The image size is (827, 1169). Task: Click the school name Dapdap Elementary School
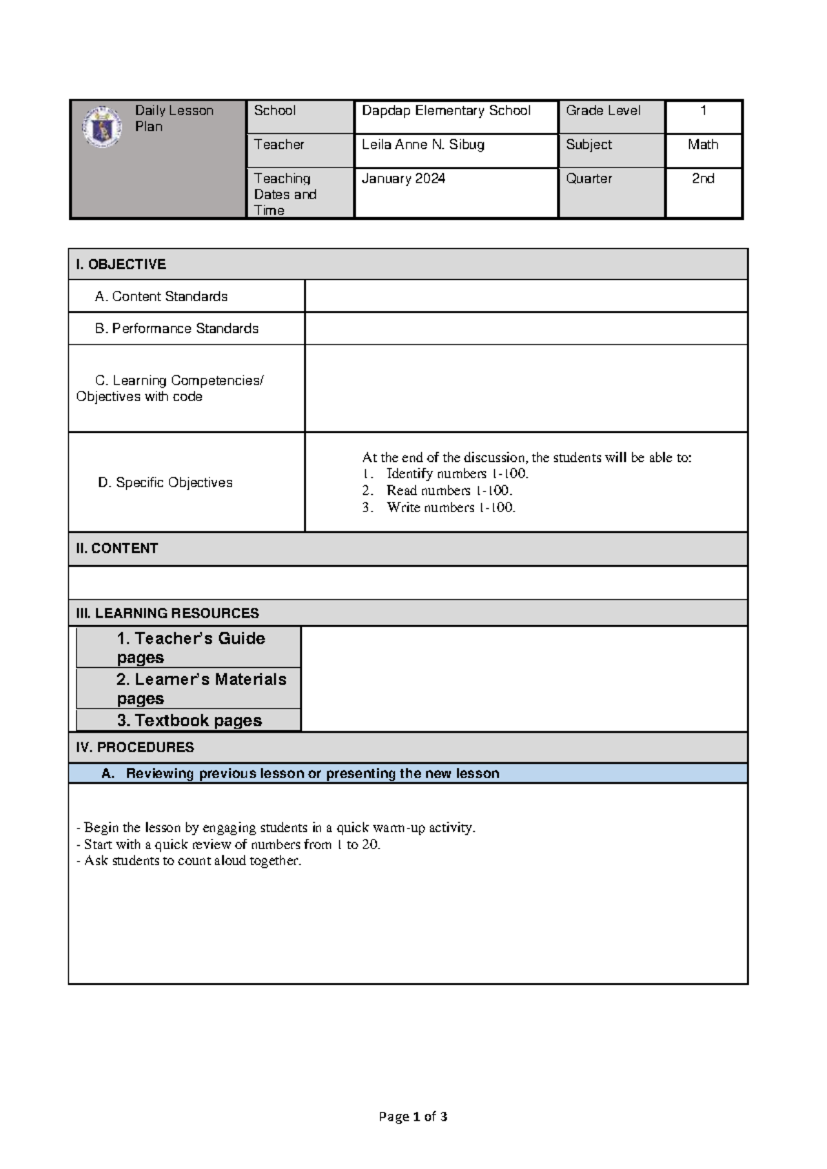click(x=446, y=110)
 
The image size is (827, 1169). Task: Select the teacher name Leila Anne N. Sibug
click(x=423, y=144)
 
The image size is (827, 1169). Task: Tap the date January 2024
click(x=403, y=179)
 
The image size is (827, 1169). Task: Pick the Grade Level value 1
click(x=703, y=110)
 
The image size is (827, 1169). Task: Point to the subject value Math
click(x=703, y=144)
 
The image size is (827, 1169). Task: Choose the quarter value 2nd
click(x=703, y=179)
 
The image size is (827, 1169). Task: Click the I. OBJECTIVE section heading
click(x=121, y=264)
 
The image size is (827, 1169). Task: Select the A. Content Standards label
click(x=161, y=296)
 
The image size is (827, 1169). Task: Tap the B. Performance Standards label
click(x=176, y=329)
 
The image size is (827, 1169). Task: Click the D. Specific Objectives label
click(x=165, y=482)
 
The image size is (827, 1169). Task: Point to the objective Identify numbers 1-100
click(x=457, y=474)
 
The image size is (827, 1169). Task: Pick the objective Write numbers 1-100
click(x=451, y=507)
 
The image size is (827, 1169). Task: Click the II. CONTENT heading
click(x=117, y=549)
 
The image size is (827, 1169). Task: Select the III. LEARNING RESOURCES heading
click(x=167, y=613)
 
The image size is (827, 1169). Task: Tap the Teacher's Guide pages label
click(x=190, y=647)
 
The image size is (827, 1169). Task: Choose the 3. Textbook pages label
click(x=190, y=720)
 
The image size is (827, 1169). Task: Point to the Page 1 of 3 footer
click(x=413, y=1117)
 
